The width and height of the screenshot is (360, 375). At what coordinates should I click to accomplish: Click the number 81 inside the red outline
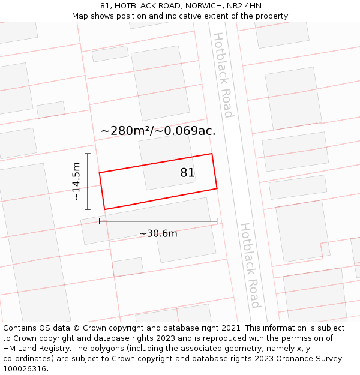187,173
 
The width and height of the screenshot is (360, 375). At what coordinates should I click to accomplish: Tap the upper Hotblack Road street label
222,74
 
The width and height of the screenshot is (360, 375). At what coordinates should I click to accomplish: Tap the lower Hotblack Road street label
250,265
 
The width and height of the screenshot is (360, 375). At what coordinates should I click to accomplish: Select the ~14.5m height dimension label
76,181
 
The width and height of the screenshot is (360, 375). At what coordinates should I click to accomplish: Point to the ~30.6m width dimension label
158,233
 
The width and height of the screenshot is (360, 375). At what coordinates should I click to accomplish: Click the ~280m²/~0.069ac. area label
158,131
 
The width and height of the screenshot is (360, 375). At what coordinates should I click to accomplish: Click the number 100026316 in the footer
25,368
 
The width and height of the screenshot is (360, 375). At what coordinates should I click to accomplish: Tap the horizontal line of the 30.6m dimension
158,221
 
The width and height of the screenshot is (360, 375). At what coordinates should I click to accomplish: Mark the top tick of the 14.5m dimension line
88,154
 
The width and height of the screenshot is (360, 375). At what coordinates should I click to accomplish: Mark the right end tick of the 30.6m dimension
217,221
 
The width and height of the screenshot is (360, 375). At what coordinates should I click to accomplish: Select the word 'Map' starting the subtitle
81,16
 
